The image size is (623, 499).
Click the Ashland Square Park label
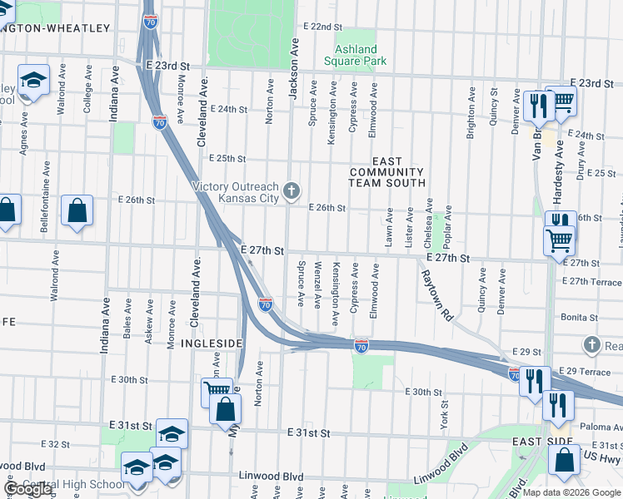coord(356,55)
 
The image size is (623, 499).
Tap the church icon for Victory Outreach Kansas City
coord(292,191)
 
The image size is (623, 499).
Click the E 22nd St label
coord(323,27)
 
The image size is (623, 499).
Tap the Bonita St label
coord(581,318)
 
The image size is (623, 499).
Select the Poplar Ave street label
coord(448,224)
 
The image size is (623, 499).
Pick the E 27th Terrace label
coord(592,282)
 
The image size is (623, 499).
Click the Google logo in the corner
coord(27,489)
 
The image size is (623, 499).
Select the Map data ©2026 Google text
coord(571,492)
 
